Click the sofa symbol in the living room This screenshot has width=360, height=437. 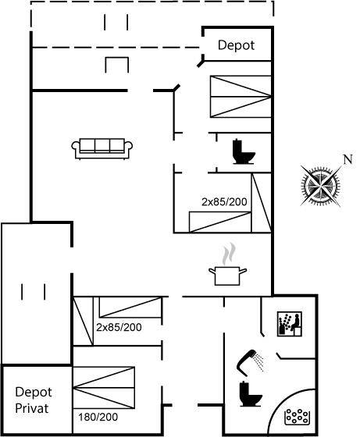pos(102,148)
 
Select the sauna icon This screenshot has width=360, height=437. pos(290,324)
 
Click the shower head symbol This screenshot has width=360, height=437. pos(245,362)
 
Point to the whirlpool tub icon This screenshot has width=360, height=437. pos(298,417)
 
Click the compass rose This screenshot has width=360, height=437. pos(321,186)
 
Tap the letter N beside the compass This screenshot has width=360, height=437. pos(348,159)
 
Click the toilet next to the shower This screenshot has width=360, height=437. pos(250,393)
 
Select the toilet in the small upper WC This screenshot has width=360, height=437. pos(244,151)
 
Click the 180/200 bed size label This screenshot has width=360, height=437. pos(98,417)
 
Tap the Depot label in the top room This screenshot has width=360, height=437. pos(236,45)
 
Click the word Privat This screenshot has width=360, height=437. pos(32,408)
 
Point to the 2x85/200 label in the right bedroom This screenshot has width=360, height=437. pos(224,202)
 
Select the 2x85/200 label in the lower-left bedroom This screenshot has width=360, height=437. pos(119,327)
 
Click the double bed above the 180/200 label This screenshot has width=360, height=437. pos(104,388)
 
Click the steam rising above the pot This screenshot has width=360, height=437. pos(230,254)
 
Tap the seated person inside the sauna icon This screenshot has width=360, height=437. pos(296,322)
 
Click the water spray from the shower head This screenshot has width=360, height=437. pos(260,362)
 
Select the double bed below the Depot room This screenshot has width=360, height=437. pos(241,97)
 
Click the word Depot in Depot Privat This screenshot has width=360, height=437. pos(34,393)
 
